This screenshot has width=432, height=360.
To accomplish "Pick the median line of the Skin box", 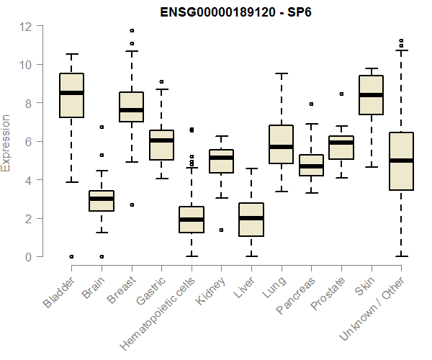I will [371, 95].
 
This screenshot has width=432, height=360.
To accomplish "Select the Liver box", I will [251, 220].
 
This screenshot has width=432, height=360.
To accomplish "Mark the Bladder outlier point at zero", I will [71, 256].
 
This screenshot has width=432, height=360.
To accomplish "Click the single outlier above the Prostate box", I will [341, 94].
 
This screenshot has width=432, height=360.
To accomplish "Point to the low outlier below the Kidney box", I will [221, 230].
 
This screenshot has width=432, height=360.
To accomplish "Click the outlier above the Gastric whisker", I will [161, 82].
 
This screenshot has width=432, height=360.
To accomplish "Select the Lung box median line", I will [281, 147].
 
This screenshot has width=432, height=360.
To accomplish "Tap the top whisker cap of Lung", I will [281, 73].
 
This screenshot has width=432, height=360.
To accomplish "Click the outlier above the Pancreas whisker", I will [311, 104].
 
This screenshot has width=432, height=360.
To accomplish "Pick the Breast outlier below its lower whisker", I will [131, 204].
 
